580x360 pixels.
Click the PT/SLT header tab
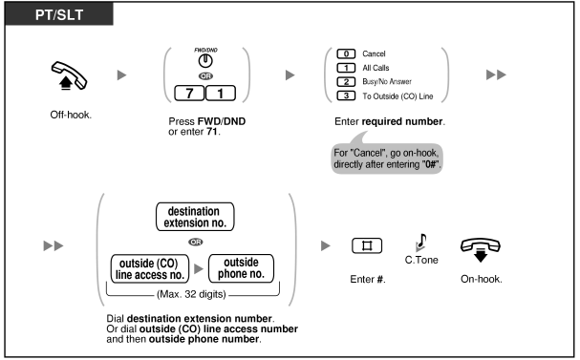(59, 14)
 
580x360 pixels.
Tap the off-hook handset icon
(69, 75)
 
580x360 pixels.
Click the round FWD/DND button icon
(205, 61)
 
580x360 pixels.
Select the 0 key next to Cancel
(346, 54)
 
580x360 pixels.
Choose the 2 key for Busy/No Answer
(346, 82)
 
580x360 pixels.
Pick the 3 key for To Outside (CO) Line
(346, 95)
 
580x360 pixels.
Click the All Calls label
(376, 68)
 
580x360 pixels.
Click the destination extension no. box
(195, 217)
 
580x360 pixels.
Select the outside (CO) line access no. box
(150, 269)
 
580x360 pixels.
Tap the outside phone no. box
(241, 268)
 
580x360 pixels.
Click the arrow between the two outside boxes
(199, 268)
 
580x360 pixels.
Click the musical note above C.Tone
(421, 243)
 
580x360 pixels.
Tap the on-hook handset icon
(480, 249)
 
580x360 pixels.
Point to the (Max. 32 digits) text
(191, 294)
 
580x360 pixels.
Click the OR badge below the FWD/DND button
(205, 76)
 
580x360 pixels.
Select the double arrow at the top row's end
(496, 75)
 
